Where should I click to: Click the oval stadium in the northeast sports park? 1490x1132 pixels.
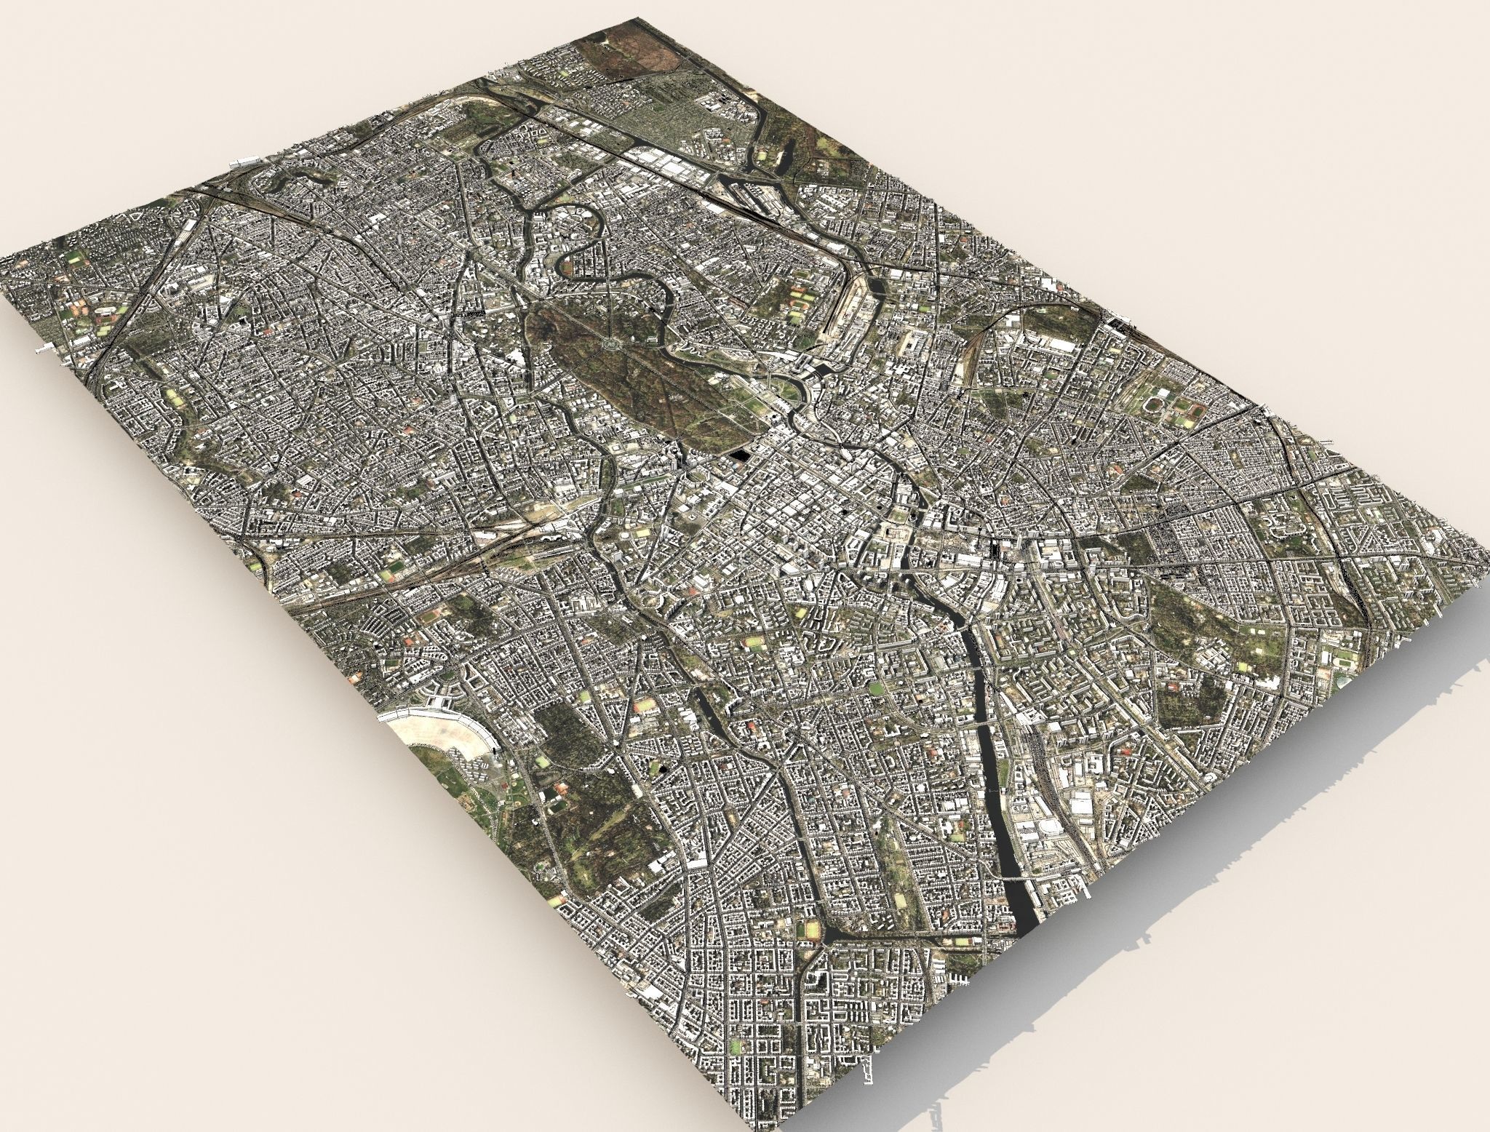click(x=1152, y=402)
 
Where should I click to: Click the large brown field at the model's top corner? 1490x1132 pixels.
click(x=626, y=55)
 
